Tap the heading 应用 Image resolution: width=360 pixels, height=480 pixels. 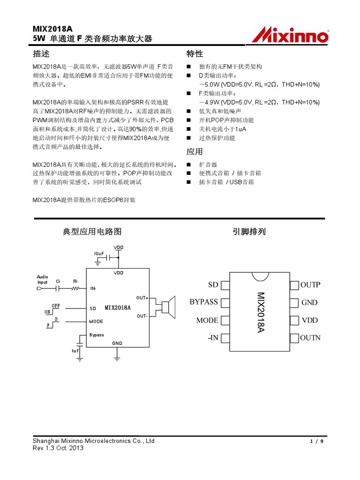pyautogui.click(x=195, y=151)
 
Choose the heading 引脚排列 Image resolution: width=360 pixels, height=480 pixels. pyautogui.click(x=249, y=231)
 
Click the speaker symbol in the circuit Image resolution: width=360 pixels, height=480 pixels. pyautogui.click(x=168, y=306)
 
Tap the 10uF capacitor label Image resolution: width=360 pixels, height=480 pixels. pyautogui.click(x=98, y=254)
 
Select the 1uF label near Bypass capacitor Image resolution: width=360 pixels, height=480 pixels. pyautogui.click(x=75, y=351)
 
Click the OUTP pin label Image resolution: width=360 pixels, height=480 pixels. pyautogui.click(x=310, y=285)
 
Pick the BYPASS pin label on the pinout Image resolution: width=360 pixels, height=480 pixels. pyautogui.click(x=204, y=302)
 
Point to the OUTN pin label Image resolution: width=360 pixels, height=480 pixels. pyautogui.click(x=310, y=337)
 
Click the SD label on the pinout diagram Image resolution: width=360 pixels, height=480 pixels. pyautogui.click(x=213, y=285)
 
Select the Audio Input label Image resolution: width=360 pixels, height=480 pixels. pyautogui.click(x=43, y=279)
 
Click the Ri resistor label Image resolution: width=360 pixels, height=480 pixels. pyautogui.click(x=75, y=281)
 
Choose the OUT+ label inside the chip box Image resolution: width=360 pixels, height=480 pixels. pyautogui.click(x=142, y=298)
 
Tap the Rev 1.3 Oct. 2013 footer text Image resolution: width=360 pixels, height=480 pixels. pyautogui.click(x=58, y=448)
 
